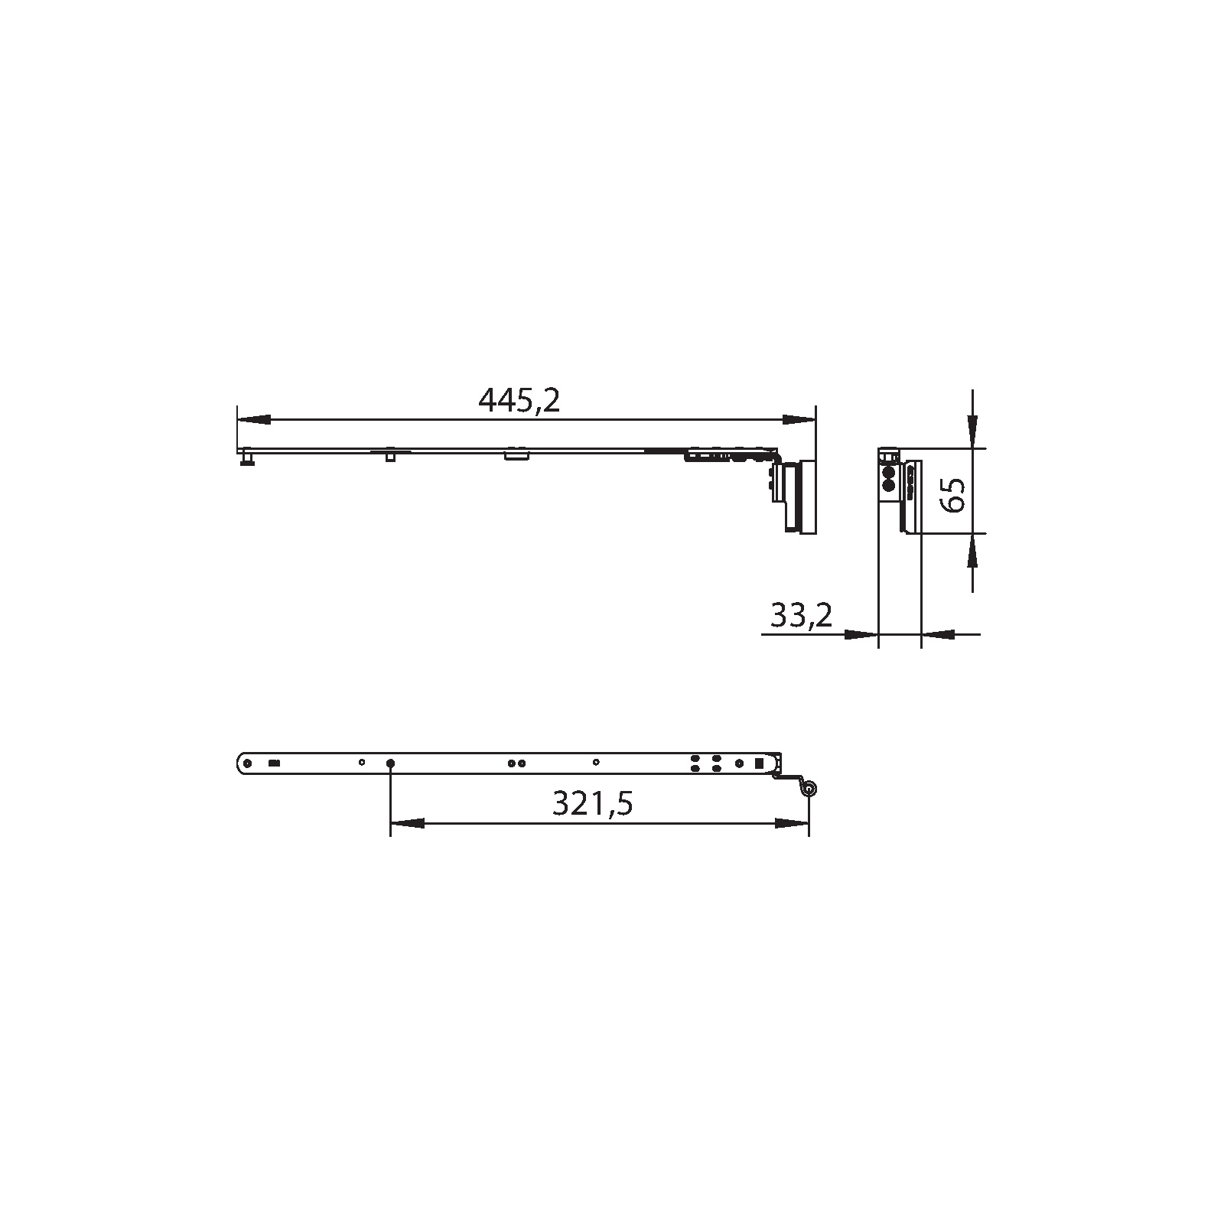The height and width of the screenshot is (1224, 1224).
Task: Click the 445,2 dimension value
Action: tap(519, 400)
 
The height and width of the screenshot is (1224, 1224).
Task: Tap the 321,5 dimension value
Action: tap(593, 803)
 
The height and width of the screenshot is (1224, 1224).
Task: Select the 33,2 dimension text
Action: tap(801, 616)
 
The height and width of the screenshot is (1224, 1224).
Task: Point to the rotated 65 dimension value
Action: tap(952, 493)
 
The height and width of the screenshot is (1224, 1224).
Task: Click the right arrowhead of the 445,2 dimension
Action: tap(799, 419)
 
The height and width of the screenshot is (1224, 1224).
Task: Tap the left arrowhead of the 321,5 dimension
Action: tap(408, 824)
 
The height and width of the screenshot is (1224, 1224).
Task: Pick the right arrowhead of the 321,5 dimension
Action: tap(792, 824)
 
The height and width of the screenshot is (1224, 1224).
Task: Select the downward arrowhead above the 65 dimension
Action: tap(972, 431)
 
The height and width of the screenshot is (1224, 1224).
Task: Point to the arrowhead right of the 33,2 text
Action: tap(860, 634)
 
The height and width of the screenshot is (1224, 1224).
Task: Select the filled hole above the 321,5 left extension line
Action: tap(391, 763)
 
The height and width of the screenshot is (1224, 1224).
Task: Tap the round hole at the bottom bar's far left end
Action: tap(247, 763)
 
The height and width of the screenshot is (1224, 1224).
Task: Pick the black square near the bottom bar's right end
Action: tap(759, 763)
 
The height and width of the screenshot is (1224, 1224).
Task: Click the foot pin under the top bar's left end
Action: tap(247, 459)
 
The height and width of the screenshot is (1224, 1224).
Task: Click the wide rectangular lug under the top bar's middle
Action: tap(517, 456)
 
